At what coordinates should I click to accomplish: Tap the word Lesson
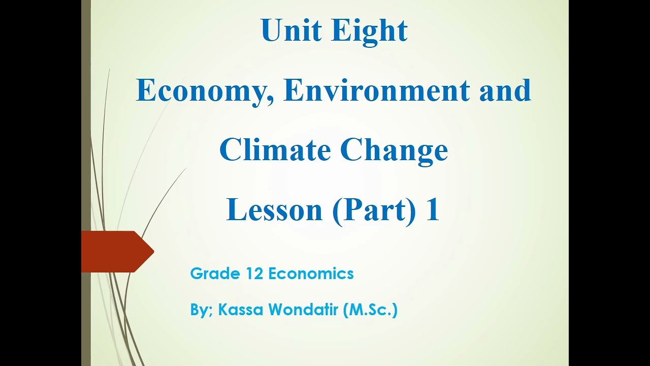coord(274,210)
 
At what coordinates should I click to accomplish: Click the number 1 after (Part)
coord(432,210)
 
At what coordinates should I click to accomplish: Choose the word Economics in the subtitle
coord(311,273)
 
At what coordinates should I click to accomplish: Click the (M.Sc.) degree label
coord(370,310)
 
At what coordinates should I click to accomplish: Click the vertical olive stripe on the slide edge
coord(86,127)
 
